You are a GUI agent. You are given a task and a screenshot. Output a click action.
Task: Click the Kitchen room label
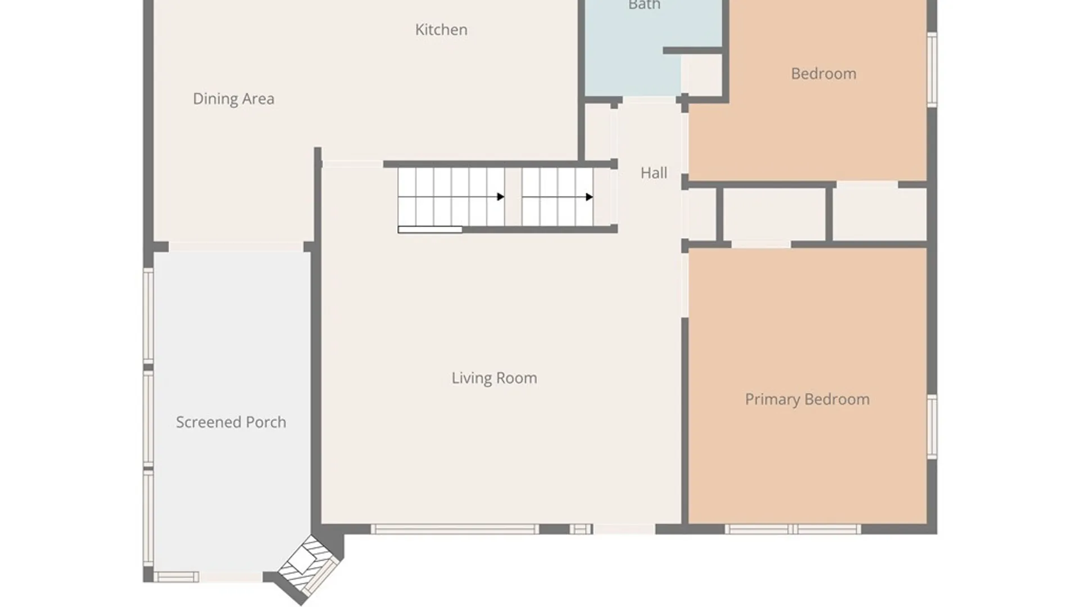(x=441, y=30)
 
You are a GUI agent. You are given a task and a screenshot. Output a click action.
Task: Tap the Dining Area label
(x=234, y=99)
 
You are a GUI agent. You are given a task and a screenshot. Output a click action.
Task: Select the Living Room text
(x=495, y=378)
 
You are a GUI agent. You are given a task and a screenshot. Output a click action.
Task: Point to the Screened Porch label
(x=231, y=422)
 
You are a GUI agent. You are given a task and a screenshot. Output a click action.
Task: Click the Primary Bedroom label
(x=808, y=400)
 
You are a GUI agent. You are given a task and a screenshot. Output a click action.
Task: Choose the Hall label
(x=654, y=173)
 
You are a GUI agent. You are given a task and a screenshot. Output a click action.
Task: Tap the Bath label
(x=645, y=5)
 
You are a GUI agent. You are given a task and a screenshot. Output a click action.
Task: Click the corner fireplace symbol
(x=310, y=564)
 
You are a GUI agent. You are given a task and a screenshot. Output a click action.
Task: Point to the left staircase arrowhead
(x=500, y=197)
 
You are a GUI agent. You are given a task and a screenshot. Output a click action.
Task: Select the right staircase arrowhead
(x=589, y=197)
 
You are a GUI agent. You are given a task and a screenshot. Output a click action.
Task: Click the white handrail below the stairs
(x=430, y=229)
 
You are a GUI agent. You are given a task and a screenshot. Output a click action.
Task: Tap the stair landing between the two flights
(x=513, y=197)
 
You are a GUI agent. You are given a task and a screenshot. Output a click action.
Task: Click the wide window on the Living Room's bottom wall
(x=455, y=529)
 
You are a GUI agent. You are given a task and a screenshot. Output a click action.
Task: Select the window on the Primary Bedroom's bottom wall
(x=792, y=529)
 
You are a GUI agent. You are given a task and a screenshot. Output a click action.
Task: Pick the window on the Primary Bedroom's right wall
(x=932, y=427)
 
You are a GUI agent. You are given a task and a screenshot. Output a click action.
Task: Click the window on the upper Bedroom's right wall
(x=932, y=69)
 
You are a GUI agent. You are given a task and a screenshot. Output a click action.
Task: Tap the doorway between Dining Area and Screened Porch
(x=236, y=247)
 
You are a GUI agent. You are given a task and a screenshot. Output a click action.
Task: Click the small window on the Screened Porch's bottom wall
(x=176, y=577)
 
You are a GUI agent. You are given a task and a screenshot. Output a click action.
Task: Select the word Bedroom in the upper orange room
(x=824, y=74)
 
